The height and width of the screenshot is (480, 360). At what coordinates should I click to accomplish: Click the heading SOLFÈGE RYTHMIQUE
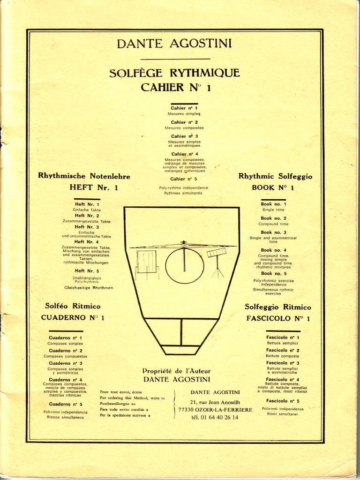(x=174, y=73)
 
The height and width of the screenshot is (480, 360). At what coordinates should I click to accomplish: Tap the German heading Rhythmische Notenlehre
(x=84, y=176)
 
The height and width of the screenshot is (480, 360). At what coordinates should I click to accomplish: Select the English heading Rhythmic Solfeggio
(x=275, y=176)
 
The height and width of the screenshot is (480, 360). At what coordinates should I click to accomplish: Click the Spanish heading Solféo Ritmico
(x=73, y=306)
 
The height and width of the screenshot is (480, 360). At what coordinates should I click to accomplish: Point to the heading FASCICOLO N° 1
(x=278, y=318)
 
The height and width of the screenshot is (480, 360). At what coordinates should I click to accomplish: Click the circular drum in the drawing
(x=184, y=266)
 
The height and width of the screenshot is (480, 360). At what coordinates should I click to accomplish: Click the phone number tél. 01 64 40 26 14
(x=215, y=417)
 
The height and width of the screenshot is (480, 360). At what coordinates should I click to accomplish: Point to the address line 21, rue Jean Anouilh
(x=215, y=402)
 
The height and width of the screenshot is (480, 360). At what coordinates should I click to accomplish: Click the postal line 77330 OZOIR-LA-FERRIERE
(x=215, y=410)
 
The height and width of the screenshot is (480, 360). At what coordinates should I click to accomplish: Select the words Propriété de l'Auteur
(x=176, y=371)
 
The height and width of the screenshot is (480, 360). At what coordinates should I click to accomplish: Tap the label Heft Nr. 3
(x=87, y=227)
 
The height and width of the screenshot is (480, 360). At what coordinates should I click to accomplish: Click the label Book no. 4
(x=273, y=250)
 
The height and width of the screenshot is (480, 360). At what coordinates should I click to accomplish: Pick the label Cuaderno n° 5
(x=66, y=404)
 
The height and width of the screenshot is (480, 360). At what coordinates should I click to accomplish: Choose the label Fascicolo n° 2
(x=283, y=350)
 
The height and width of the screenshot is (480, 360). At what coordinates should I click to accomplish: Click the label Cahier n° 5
(x=184, y=179)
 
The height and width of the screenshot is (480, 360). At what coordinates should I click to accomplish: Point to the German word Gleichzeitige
(x=76, y=287)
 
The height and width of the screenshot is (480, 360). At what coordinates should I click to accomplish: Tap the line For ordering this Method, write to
(x=133, y=397)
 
